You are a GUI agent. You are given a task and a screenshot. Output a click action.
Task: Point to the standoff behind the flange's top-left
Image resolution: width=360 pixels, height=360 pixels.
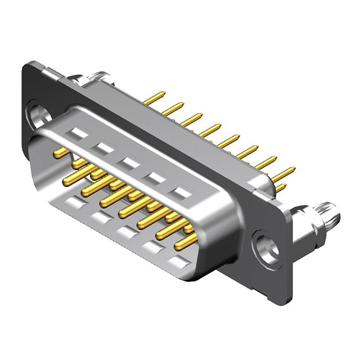tap(91, 77)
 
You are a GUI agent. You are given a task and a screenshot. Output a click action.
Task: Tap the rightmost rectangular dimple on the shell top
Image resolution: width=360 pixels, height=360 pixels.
tap(181, 195)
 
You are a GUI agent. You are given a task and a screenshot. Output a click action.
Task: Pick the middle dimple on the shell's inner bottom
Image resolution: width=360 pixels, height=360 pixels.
tap(125, 231)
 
